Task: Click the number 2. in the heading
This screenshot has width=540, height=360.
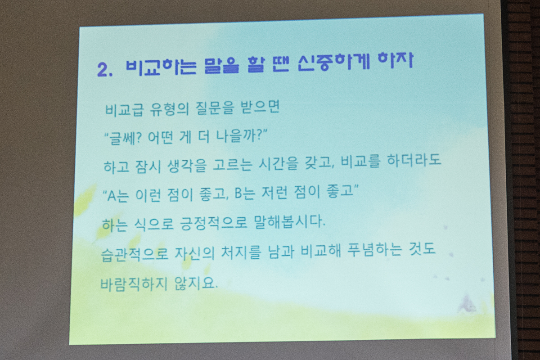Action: tap(105, 70)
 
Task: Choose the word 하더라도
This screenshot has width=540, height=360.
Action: tap(414, 160)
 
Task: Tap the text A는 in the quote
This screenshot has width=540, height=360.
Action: tap(117, 195)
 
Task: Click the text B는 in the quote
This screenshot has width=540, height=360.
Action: tap(244, 193)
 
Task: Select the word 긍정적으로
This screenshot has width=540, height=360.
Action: tap(214, 223)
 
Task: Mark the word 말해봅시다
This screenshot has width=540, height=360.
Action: tap(289, 221)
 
